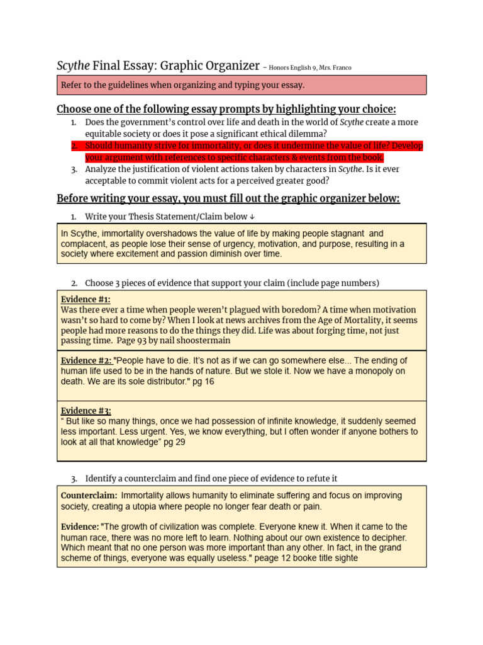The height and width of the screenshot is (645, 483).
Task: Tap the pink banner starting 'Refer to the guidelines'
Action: [x=241, y=85]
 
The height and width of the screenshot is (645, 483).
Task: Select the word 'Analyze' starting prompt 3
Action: [x=102, y=169]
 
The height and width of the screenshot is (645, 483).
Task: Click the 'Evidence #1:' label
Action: [x=81, y=300]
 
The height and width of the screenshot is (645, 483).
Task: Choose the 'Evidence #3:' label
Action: [x=86, y=411]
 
